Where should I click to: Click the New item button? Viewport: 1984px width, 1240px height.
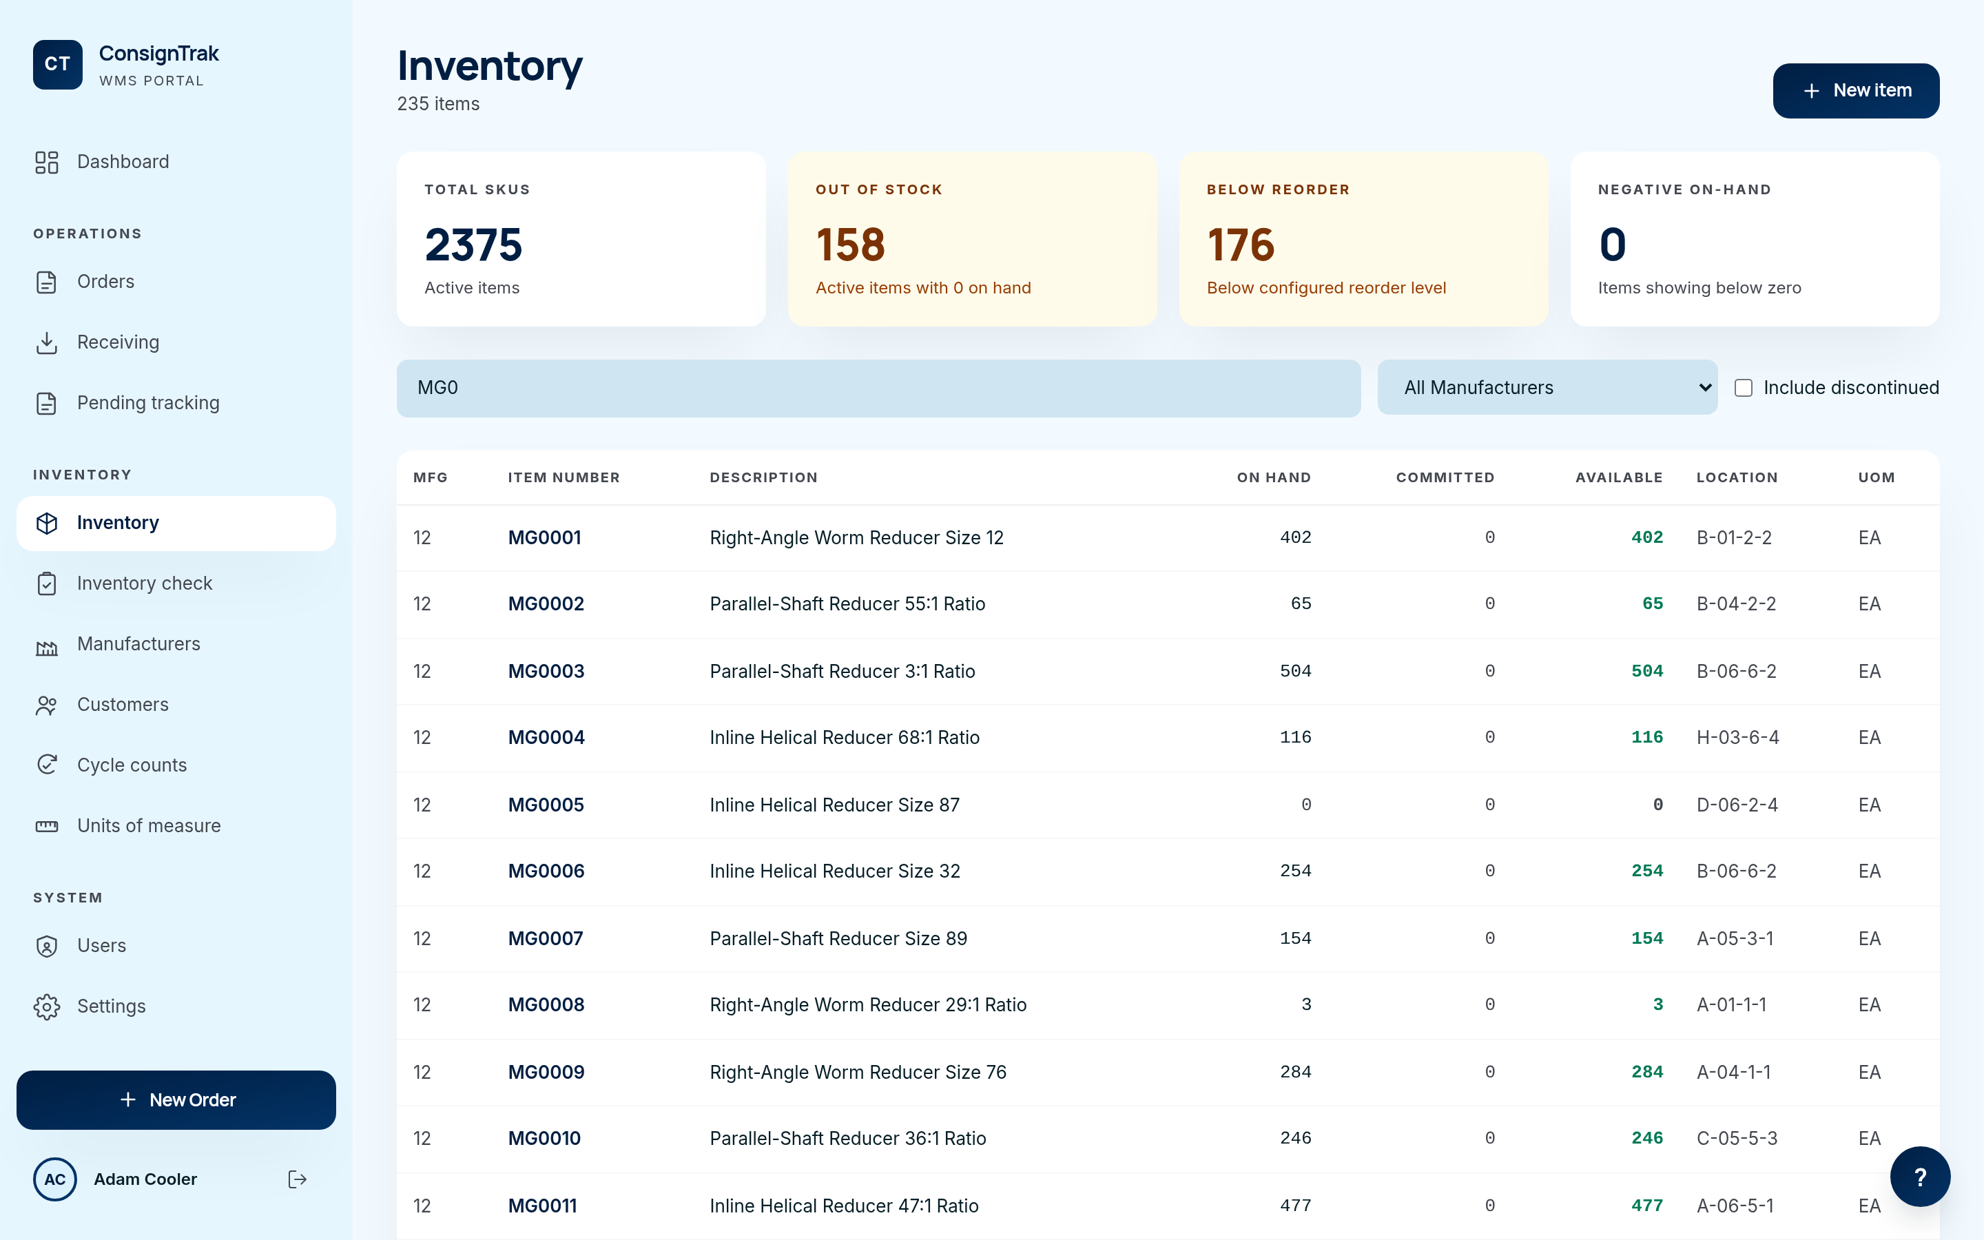pos(1855,90)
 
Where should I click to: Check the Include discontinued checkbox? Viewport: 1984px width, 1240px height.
pos(1744,388)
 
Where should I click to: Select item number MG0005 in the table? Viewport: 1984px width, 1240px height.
pos(546,805)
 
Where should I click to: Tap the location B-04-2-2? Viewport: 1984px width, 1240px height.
pos(1735,604)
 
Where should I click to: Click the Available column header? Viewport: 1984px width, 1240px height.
pos(1618,477)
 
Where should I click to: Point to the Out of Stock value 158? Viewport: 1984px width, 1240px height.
pos(850,245)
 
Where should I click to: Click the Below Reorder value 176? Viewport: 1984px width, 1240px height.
pos(1241,245)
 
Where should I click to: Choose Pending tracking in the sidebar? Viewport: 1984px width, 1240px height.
pos(147,403)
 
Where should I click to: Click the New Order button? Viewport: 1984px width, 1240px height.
pos(176,1099)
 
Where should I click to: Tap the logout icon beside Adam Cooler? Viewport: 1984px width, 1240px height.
pos(298,1179)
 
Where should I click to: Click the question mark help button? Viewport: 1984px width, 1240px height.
pos(1919,1177)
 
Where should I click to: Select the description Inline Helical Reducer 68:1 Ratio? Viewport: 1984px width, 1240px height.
pos(845,737)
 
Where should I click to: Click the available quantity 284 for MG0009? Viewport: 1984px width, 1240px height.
pos(1646,1072)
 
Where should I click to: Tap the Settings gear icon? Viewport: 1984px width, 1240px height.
pos(47,1006)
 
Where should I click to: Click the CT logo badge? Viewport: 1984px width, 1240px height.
pos(57,64)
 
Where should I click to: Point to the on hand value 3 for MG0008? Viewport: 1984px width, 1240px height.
pos(1306,1004)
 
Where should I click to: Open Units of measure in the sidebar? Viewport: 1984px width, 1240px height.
pos(148,826)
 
